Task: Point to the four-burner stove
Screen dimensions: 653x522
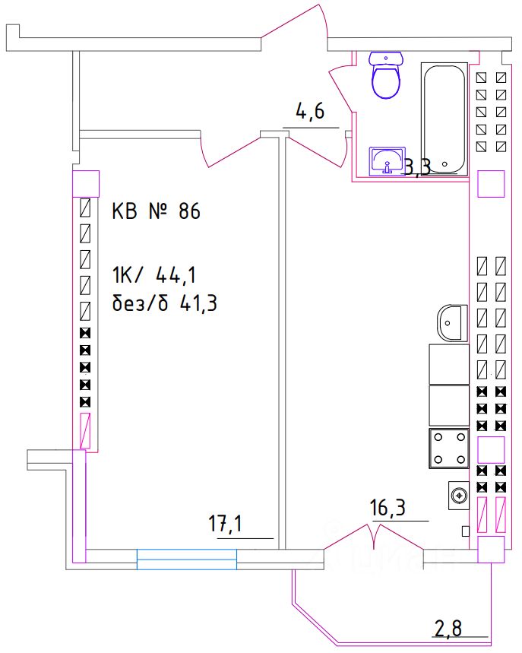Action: tap(449, 449)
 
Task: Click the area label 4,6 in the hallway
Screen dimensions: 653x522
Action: tap(310, 114)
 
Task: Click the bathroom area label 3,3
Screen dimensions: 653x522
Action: tap(416, 167)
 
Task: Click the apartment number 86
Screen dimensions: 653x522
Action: tap(189, 211)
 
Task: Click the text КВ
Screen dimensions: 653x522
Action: tap(125, 211)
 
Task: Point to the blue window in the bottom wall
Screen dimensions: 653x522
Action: tap(187, 559)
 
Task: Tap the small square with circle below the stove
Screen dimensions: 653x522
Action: tap(458, 496)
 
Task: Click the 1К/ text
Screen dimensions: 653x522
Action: tap(131, 273)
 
